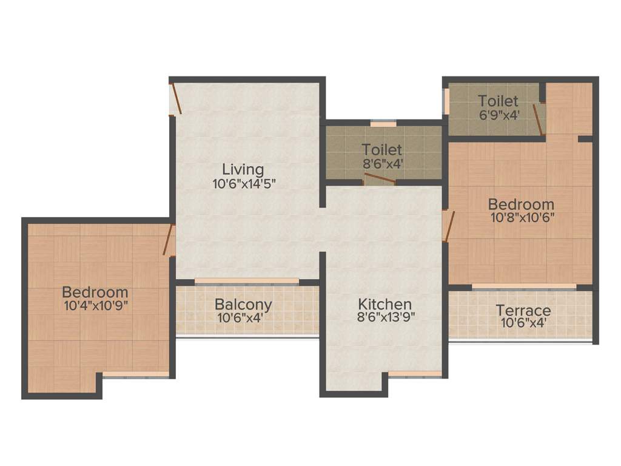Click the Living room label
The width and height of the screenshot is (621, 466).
(x=243, y=169)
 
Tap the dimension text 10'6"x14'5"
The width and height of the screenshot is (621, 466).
(x=244, y=184)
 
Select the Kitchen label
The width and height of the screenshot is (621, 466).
(x=384, y=303)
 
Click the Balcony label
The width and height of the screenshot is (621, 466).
(x=243, y=304)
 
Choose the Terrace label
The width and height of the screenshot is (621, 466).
(x=523, y=311)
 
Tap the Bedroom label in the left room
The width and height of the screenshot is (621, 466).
(x=95, y=291)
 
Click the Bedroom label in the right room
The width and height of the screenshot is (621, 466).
(x=521, y=204)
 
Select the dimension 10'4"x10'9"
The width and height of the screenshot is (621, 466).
(x=95, y=305)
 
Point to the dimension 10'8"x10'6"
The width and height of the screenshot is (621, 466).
(x=521, y=217)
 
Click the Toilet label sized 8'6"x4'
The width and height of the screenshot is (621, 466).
(x=382, y=149)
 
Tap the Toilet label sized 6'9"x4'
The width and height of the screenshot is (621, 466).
(x=498, y=101)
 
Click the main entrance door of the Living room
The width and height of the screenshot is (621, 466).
(x=175, y=98)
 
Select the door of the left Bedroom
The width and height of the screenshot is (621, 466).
(x=168, y=240)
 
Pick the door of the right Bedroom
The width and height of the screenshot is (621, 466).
(x=448, y=226)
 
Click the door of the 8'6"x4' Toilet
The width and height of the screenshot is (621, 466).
(x=380, y=179)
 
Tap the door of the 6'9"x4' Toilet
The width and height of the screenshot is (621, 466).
(x=538, y=119)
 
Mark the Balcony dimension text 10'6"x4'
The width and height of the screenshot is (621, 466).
(x=243, y=317)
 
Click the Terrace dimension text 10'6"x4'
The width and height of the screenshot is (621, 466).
(x=523, y=324)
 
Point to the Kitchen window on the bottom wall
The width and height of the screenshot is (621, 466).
(x=415, y=374)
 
